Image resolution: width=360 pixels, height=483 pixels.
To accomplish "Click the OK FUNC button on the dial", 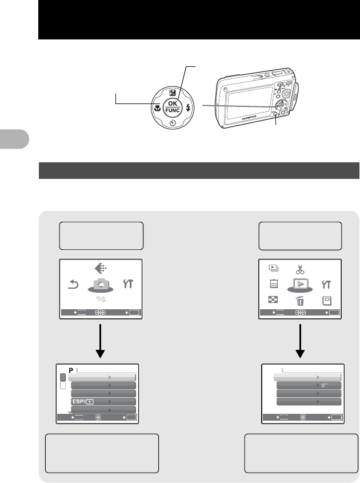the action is [x=172, y=107].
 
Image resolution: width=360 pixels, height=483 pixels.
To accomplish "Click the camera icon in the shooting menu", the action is [x=101, y=284].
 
